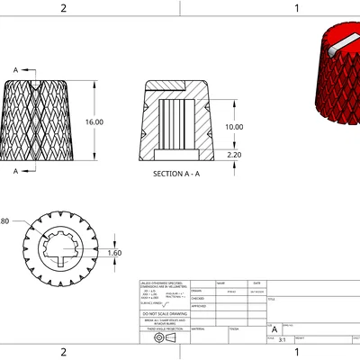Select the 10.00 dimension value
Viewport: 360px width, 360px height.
tap(234, 127)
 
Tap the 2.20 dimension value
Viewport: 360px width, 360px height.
tap(234, 155)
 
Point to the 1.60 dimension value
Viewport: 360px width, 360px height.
tap(114, 253)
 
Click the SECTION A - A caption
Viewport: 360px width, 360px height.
tap(176, 173)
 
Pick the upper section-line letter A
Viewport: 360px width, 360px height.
tap(15, 69)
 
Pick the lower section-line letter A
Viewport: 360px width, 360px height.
tap(15, 170)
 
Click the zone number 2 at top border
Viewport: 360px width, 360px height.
tap(63, 8)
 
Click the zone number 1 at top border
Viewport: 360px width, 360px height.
tap(296, 8)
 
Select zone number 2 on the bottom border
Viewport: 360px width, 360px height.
tap(63, 352)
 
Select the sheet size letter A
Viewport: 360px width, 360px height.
tap(274, 330)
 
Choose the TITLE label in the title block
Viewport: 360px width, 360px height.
tap(273, 299)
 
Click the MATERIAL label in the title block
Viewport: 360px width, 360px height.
tap(199, 328)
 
